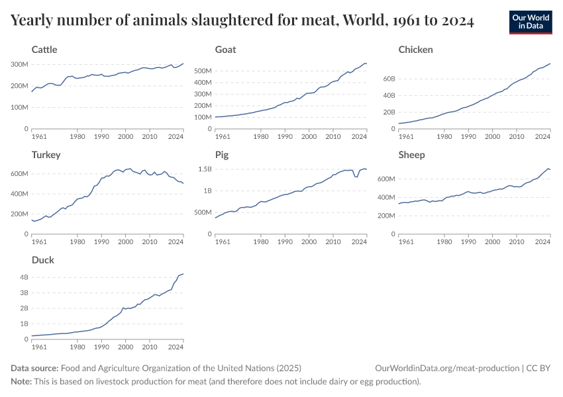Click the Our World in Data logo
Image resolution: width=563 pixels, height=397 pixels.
click(x=531, y=22)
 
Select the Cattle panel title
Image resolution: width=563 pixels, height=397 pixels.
click(x=44, y=50)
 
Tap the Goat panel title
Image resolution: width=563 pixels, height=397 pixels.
click(x=225, y=50)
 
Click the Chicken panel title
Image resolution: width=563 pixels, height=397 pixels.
click(x=415, y=50)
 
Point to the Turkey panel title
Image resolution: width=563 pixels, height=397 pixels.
click(x=46, y=155)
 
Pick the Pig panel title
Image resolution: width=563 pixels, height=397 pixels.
click(x=221, y=155)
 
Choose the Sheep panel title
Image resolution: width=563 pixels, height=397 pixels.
click(x=411, y=155)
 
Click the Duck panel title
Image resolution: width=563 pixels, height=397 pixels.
click(x=42, y=260)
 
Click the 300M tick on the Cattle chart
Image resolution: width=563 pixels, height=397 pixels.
click(x=19, y=64)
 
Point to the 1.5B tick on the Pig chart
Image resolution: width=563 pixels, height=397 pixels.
click(x=203, y=169)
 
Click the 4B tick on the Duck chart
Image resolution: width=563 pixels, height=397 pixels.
click(x=23, y=277)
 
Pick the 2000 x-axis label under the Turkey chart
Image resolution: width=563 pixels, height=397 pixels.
click(x=125, y=242)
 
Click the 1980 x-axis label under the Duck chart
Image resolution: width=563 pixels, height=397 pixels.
click(x=77, y=347)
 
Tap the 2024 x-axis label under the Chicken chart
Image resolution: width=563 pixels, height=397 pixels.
click(x=543, y=136)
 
